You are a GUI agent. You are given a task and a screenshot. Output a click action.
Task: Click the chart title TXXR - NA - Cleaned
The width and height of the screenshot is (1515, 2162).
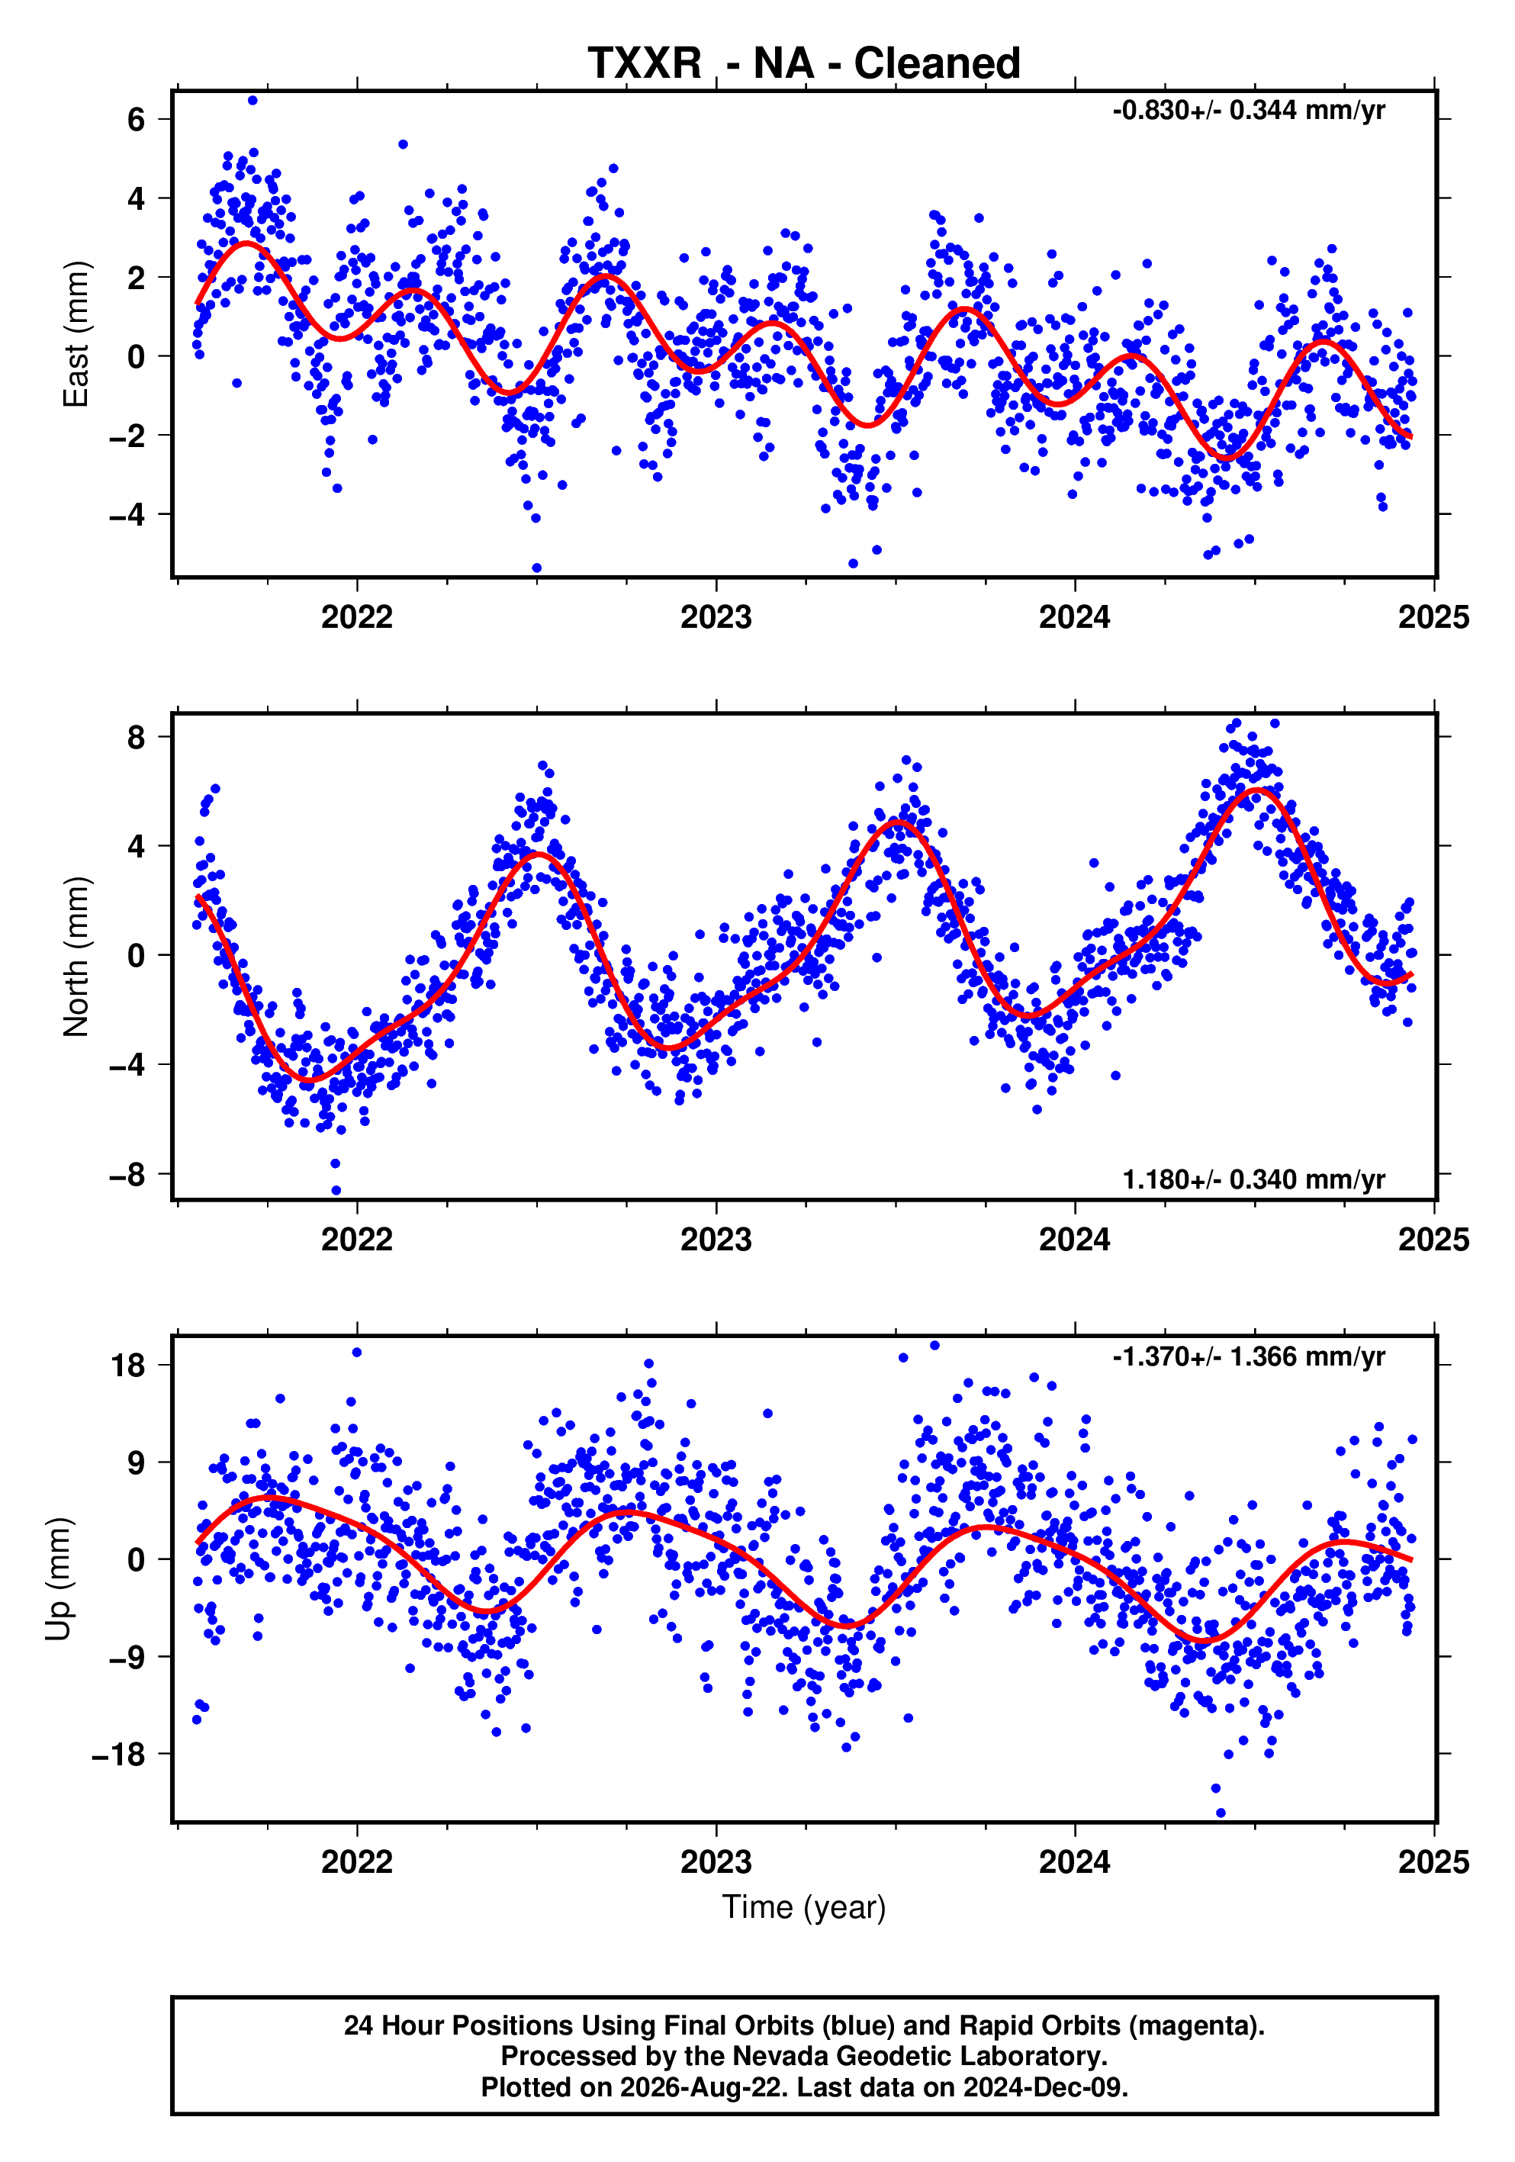tap(804, 63)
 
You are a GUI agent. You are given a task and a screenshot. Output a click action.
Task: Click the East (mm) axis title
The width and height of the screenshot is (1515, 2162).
tap(76, 333)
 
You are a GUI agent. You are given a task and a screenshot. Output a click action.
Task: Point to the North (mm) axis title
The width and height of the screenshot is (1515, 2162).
tap(76, 957)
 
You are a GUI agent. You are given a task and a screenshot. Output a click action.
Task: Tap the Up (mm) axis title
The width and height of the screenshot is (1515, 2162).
tap(59, 1579)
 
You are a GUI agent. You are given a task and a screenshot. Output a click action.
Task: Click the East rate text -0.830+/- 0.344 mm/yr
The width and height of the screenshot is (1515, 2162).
tap(1249, 110)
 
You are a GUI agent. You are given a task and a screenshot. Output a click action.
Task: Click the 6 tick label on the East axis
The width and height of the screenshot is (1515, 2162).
tap(137, 120)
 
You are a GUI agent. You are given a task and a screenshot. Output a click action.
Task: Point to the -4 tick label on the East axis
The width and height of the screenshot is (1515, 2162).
tap(127, 515)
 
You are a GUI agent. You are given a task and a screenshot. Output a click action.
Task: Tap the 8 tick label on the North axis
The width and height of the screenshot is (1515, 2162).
tap(137, 737)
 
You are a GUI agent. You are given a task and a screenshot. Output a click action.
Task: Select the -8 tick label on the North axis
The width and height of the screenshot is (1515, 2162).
tap(127, 1175)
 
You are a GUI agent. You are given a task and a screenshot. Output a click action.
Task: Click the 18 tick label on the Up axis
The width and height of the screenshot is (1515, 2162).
tap(128, 1366)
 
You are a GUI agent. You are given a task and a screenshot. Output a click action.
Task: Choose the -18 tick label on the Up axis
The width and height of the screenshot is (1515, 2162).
tap(119, 1755)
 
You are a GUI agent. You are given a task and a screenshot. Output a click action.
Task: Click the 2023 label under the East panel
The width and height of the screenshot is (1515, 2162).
tap(716, 618)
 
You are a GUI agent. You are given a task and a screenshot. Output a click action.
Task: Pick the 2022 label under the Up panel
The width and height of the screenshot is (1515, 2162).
tap(357, 1861)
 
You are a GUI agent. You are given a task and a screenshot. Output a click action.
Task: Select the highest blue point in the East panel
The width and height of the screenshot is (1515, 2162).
tap(252, 101)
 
